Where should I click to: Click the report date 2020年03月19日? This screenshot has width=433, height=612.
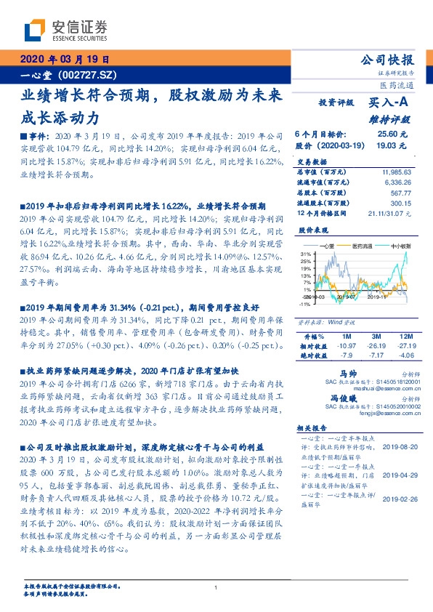point(62,60)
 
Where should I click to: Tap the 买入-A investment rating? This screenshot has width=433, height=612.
point(390,105)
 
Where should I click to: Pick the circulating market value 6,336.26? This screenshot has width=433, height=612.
point(399,182)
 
